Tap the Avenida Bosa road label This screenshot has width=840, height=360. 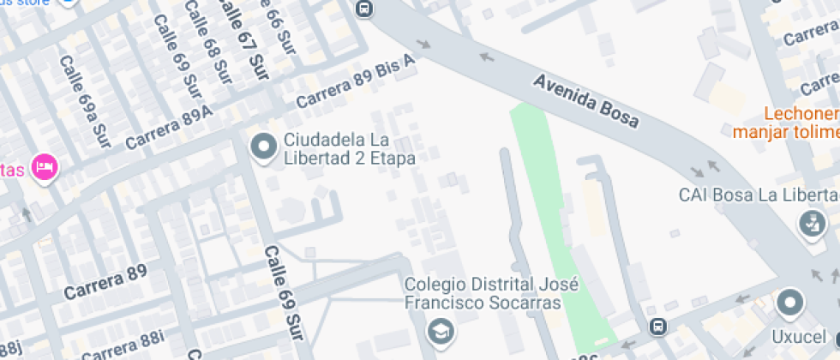[x=586, y=100]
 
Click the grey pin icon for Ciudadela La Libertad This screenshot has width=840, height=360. [x=263, y=148]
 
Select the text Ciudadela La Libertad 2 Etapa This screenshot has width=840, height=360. [x=350, y=149]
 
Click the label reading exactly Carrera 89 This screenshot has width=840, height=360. [x=105, y=282]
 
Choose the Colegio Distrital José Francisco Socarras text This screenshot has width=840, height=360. [x=483, y=293]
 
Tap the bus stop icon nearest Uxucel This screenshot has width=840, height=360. [x=657, y=327]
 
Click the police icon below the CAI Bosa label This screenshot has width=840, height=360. [x=808, y=225]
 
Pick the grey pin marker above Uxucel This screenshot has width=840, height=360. [x=789, y=303]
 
